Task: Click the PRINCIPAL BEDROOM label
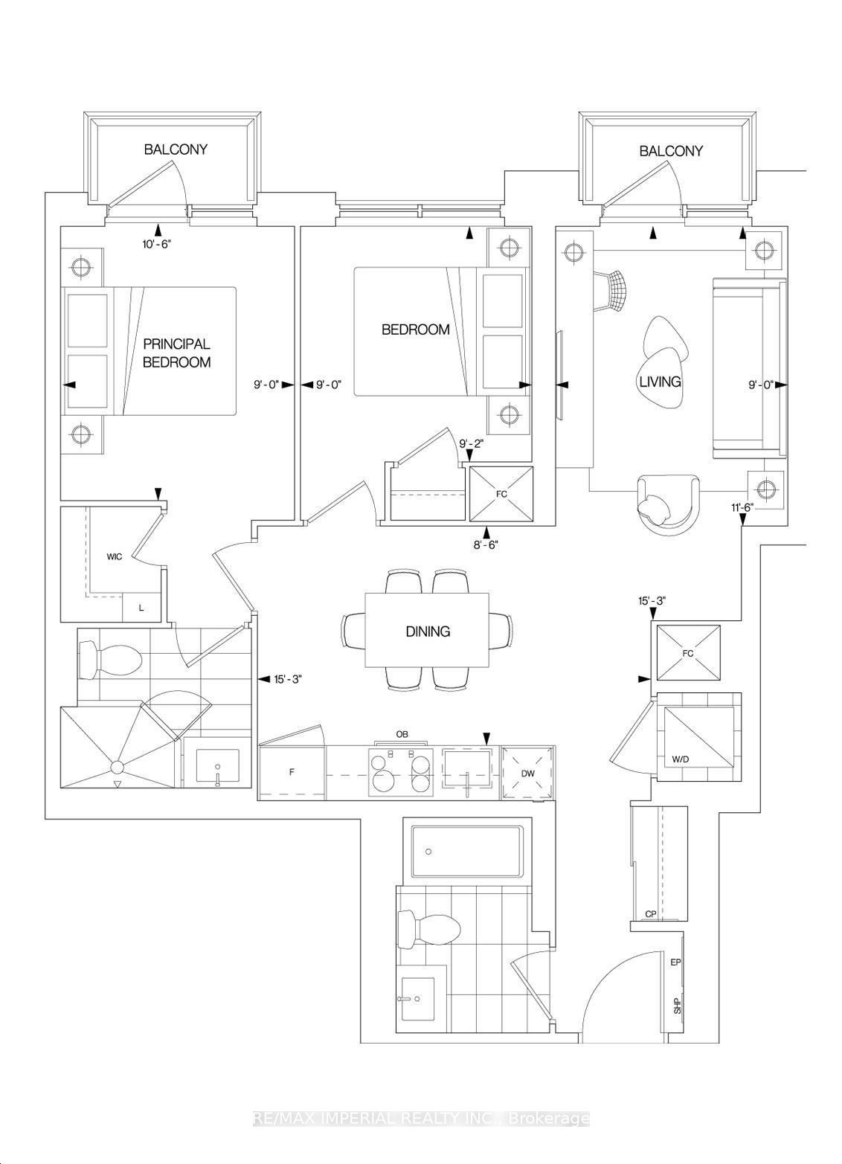(x=176, y=353)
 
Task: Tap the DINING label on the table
(x=428, y=631)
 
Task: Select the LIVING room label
(x=660, y=382)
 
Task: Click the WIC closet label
(x=114, y=556)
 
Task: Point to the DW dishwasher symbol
(x=528, y=774)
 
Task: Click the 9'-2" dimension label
(x=471, y=444)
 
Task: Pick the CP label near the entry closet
(x=650, y=914)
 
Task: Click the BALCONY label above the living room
(x=671, y=151)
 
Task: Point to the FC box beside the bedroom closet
(x=502, y=492)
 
